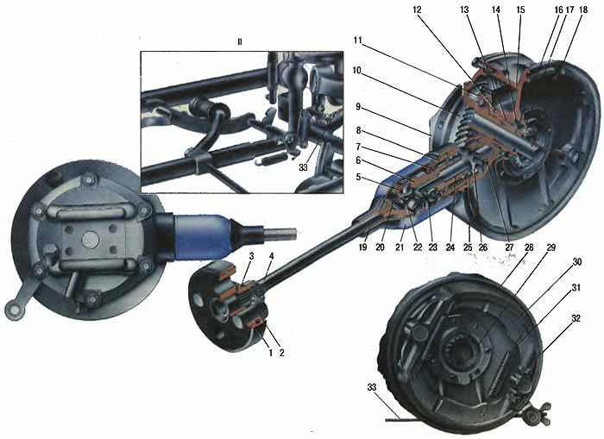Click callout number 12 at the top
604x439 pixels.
[417, 10]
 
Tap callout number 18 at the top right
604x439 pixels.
[583, 10]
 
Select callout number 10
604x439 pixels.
[356, 71]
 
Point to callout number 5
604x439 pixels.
[359, 178]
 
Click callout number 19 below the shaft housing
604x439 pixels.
[362, 248]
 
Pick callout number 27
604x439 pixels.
[509, 248]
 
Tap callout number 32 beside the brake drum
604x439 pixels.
[576, 319]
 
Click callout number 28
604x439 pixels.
[529, 248]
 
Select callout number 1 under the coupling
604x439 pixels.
[270, 353]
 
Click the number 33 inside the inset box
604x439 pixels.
[304, 168]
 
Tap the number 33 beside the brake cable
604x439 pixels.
[372, 387]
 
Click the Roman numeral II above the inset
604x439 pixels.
[240, 41]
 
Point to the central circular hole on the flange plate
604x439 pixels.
[91, 240]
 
